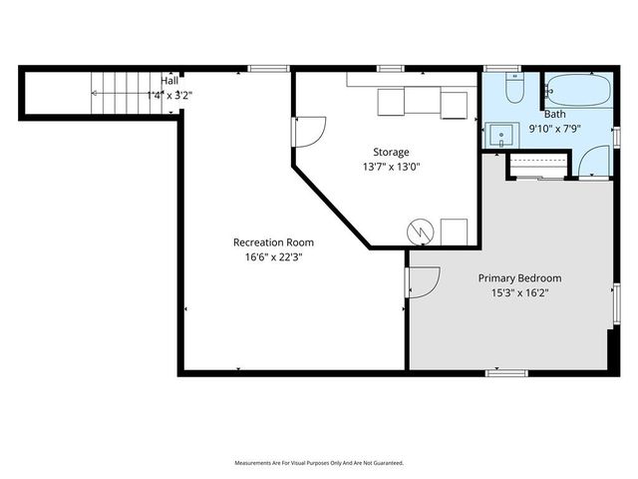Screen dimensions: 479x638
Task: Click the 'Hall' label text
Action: [170, 80]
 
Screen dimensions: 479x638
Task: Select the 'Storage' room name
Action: [392, 153]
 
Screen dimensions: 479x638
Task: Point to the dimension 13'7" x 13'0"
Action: [392, 168]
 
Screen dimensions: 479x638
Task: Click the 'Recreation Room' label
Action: [273, 242]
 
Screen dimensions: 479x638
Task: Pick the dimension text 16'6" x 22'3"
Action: [273, 257]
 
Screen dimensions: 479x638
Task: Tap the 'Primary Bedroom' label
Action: [519, 278]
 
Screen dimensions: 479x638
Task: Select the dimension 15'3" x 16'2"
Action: [519, 293]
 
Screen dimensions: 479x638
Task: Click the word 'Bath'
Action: [555, 115]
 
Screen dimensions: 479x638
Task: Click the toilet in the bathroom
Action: [514, 91]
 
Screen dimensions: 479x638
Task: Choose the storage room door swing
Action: [309, 129]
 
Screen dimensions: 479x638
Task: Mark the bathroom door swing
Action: [595, 161]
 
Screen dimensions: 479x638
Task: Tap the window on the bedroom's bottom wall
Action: [506, 373]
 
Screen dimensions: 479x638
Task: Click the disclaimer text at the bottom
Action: [319, 463]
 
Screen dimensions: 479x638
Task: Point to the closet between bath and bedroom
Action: [539, 166]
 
